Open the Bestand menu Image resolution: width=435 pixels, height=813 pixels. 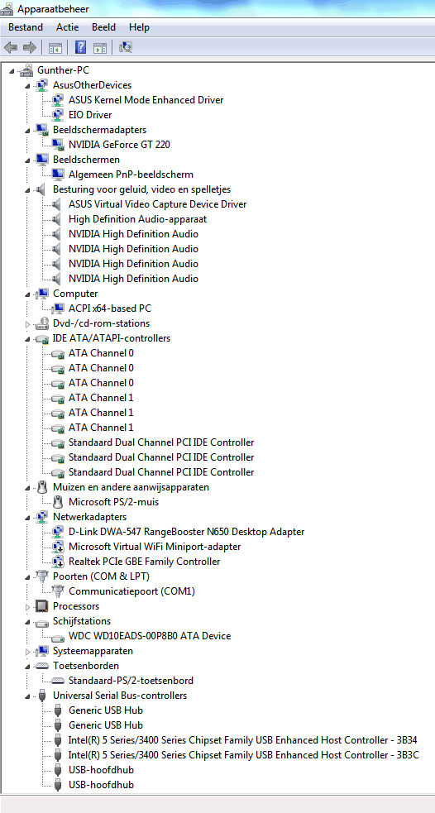(x=26, y=27)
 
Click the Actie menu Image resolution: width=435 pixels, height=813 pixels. (x=68, y=27)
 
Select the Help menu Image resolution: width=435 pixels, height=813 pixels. (x=139, y=27)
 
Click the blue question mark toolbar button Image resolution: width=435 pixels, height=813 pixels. (x=80, y=48)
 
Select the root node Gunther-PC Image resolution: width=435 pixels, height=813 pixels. (x=60, y=70)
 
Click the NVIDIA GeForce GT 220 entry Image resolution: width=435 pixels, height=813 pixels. (x=119, y=145)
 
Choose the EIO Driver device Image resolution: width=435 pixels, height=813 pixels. (x=90, y=115)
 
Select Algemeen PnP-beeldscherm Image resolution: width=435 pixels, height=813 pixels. (x=131, y=175)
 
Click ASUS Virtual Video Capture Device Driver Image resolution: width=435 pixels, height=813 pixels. (x=158, y=204)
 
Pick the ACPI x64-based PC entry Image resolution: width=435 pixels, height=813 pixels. (x=110, y=308)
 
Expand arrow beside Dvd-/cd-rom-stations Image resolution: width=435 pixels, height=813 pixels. (x=28, y=324)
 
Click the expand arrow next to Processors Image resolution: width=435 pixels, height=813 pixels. (x=28, y=606)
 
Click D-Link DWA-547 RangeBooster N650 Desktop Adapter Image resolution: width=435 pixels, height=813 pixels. (x=187, y=532)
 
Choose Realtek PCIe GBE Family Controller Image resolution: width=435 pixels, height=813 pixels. (x=144, y=562)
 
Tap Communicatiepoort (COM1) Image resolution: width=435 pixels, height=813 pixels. (x=131, y=591)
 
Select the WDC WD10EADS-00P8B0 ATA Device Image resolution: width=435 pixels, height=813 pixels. (x=150, y=636)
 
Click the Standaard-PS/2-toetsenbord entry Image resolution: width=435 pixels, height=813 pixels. (x=131, y=681)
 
